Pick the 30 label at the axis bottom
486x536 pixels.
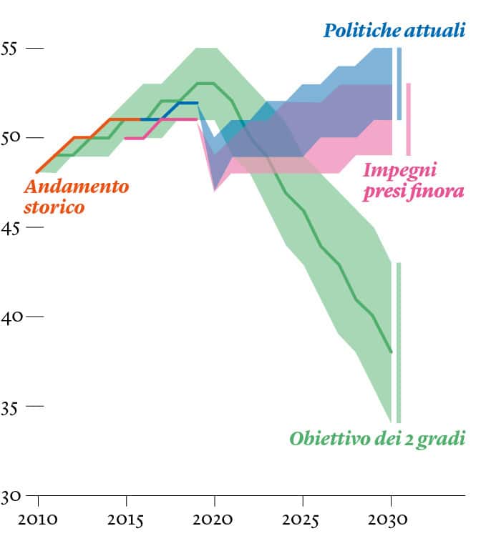click(x=10, y=496)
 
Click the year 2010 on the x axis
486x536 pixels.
click(x=37, y=518)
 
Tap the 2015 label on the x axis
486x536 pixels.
click(x=126, y=518)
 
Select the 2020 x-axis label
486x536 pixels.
click(x=215, y=518)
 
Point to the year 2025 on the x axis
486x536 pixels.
click(x=303, y=518)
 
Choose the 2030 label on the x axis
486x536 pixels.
click(x=392, y=518)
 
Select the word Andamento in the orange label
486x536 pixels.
click(x=77, y=187)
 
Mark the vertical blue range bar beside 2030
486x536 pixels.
click(x=399, y=84)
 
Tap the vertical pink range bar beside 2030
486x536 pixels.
click(x=408, y=119)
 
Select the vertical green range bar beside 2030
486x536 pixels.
click(x=399, y=342)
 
